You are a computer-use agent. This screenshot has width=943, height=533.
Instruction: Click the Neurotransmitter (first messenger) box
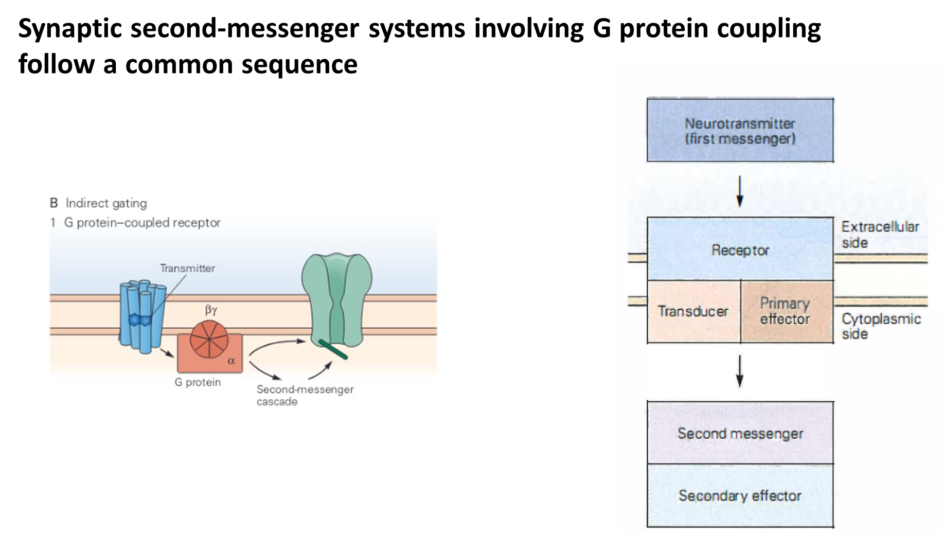click(740, 131)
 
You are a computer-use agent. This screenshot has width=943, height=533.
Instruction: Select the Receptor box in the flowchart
click(740, 250)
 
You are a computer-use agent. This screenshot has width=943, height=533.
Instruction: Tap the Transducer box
click(693, 311)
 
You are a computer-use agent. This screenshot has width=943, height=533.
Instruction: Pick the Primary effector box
click(786, 311)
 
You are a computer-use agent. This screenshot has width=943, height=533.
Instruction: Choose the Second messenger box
click(740, 433)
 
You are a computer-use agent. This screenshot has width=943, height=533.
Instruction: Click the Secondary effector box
click(740, 495)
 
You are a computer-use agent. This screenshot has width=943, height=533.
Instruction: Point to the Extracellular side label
click(880, 235)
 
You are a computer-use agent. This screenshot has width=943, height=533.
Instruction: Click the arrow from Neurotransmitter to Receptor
click(740, 191)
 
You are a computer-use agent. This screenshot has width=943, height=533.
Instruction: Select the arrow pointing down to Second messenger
click(740, 371)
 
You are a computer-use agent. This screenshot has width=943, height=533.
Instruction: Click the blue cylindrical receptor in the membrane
click(142, 316)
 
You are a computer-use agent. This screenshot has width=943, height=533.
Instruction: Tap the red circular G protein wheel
click(209, 340)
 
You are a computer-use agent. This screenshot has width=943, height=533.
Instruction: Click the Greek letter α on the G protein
click(232, 361)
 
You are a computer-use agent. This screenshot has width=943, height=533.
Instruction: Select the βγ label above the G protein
click(211, 310)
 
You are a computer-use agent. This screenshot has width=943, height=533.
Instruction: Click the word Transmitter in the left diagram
click(187, 268)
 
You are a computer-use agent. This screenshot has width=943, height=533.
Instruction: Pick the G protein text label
click(198, 382)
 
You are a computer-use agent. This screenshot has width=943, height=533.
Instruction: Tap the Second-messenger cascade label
click(305, 395)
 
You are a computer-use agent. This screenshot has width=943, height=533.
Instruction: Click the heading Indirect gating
click(106, 203)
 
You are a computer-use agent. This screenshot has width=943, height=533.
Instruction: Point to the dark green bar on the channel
click(333, 349)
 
